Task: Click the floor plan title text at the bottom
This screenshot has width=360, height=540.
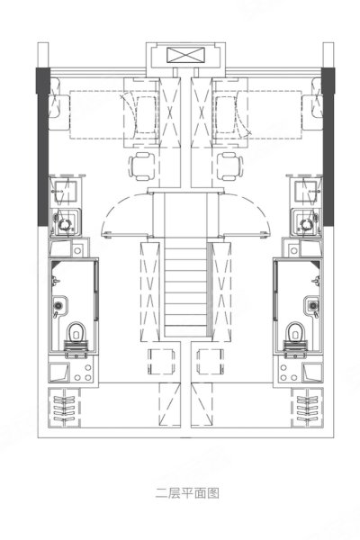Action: [x=187, y=493]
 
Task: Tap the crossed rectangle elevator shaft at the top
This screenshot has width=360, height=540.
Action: [x=185, y=56]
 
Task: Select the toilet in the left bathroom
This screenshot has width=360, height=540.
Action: [x=76, y=331]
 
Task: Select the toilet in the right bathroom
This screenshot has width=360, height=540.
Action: [x=296, y=331]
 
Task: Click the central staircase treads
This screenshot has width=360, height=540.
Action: [x=186, y=289]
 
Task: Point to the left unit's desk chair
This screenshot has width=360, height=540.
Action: [x=141, y=166]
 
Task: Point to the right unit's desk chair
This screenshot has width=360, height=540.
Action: [x=230, y=166]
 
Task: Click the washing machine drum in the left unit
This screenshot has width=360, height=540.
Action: [x=65, y=224]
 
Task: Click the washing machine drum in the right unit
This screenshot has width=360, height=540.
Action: [x=306, y=224]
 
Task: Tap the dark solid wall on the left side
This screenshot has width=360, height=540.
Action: [x=42, y=147]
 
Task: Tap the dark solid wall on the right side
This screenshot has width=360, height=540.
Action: [x=328, y=147]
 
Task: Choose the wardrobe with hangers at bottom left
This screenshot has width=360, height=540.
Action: [x=64, y=408]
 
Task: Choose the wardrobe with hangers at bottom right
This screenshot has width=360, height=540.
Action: [x=307, y=408]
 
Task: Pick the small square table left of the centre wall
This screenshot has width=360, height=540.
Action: [x=161, y=362]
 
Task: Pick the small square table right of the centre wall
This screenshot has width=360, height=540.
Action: [x=210, y=362]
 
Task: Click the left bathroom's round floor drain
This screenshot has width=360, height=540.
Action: [x=58, y=305]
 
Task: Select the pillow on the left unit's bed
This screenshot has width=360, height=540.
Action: [x=58, y=112]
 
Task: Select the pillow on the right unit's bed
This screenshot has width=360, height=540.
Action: [x=312, y=112]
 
